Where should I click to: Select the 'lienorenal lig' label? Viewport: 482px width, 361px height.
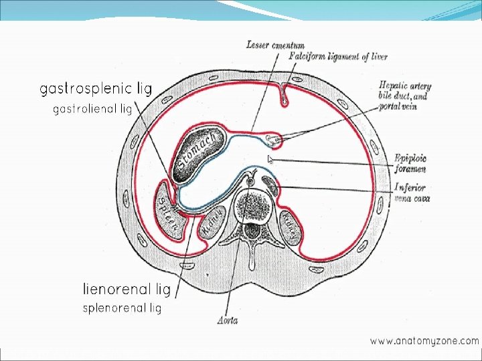(x=127, y=289)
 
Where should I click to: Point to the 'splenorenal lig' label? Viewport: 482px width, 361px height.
(x=122, y=308)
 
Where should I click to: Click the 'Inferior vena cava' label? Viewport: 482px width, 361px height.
(x=412, y=193)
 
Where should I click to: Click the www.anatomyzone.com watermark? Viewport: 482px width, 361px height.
(x=424, y=340)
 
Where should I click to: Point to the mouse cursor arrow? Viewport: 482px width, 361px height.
(x=270, y=159)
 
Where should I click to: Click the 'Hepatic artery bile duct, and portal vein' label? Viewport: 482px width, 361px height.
(x=404, y=96)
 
